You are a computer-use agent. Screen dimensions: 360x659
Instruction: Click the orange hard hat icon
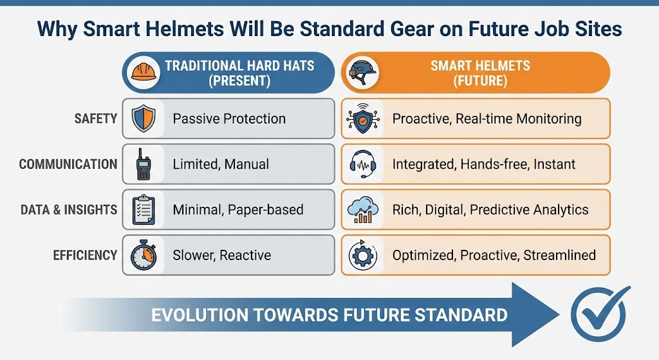point(144,71)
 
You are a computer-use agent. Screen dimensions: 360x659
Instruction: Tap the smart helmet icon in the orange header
point(362,71)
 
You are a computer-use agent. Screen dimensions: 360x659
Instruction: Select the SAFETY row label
point(96,118)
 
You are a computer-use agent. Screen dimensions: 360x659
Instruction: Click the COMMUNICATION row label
point(68,164)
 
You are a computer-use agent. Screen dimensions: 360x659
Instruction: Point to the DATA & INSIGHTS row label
point(70,209)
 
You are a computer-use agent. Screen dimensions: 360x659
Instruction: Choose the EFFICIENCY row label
point(85,255)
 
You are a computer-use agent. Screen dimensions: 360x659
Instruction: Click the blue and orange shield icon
point(144,118)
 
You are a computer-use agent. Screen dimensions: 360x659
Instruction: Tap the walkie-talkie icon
point(144,164)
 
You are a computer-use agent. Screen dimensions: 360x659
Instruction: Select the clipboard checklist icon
point(144,209)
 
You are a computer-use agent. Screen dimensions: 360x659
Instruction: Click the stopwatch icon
point(144,255)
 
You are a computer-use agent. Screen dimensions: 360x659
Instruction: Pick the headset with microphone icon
point(362,164)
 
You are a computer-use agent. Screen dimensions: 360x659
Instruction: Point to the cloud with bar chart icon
point(362,210)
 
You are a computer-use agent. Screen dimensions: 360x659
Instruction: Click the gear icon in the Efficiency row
point(362,256)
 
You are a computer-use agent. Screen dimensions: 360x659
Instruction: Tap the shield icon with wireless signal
point(362,118)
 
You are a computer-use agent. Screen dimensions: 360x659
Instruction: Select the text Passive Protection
point(229,118)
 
